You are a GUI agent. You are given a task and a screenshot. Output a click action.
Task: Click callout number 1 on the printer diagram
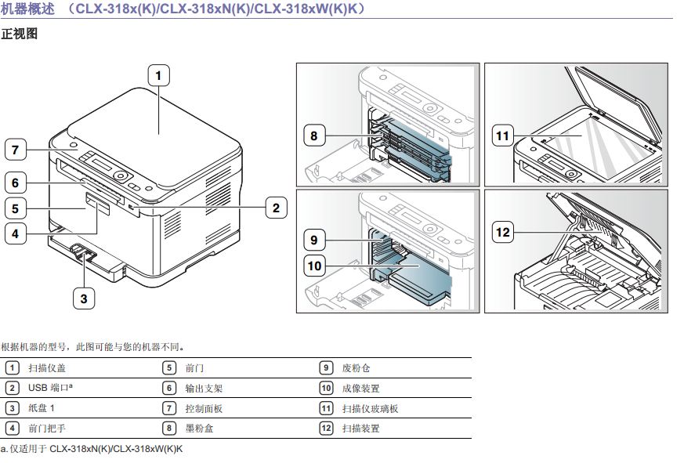(158, 76)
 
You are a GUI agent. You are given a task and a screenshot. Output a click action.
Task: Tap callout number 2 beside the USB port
(275, 208)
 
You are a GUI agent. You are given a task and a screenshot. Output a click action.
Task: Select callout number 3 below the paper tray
(85, 297)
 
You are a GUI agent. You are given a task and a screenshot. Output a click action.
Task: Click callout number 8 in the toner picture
(313, 136)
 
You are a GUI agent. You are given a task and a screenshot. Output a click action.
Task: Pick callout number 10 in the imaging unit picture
(314, 266)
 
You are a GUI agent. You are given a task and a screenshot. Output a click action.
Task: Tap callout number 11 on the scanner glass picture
(502, 136)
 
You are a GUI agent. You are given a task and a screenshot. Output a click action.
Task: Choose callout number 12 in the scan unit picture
(502, 232)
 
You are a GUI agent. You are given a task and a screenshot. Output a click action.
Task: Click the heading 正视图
(20, 34)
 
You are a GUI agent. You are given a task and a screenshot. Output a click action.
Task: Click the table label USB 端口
(55, 388)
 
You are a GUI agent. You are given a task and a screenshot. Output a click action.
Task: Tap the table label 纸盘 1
(42, 408)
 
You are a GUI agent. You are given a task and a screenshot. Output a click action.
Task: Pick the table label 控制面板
(204, 408)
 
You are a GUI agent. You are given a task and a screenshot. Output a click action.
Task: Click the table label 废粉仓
(356, 367)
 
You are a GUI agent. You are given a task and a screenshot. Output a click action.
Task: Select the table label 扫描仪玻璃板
(370, 408)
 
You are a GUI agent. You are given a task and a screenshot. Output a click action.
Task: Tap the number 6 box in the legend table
(169, 388)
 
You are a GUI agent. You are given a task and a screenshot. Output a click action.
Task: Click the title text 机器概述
(28, 9)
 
